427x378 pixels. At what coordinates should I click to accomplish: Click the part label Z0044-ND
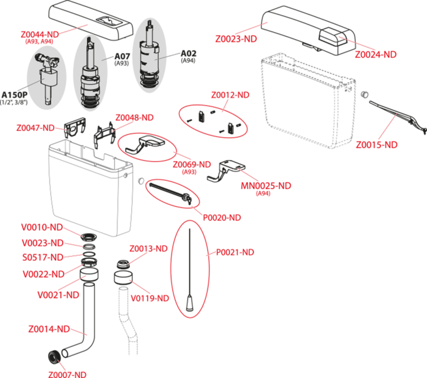click(x=40, y=35)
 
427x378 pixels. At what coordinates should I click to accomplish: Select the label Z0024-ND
click(x=375, y=54)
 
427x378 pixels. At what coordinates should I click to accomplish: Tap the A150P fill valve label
click(x=15, y=95)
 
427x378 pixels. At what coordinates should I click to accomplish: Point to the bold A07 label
click(x=122, y=56)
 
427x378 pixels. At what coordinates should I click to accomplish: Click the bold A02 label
click(x=189, y=54)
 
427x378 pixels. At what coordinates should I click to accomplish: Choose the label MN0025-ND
click(x=266, y=186)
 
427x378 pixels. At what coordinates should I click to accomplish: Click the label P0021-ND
click(x=235, y=252)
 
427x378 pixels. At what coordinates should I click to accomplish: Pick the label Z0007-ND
click(x=67, y=374)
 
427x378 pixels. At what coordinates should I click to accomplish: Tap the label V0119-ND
click(x=149, y=299)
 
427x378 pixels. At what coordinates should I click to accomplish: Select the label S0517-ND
click(x=43, y=257)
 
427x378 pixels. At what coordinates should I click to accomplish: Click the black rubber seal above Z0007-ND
click(x=54, y=357)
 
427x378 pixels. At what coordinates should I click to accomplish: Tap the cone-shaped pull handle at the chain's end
click(x=190, y=303)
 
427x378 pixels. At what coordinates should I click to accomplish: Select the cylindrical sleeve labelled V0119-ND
click(x=123, y=278)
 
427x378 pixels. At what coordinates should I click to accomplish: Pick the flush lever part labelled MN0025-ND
click(x=226, y=171)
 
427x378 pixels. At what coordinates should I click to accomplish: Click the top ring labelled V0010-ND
click(x=89, y=237)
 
